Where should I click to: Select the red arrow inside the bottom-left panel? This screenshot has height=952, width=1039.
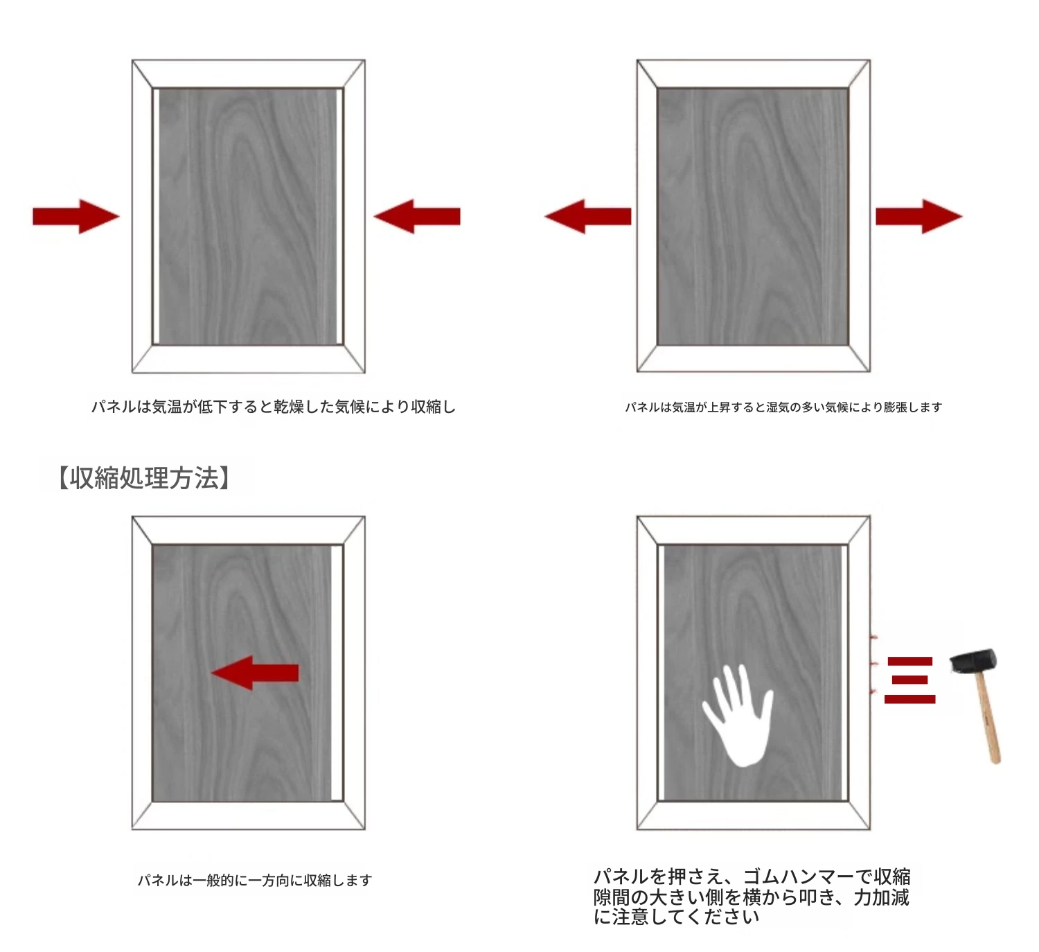pyautogui.click(x=255, y=673)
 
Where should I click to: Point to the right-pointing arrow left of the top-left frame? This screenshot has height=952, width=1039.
pyautogui.click(x=76, y=216)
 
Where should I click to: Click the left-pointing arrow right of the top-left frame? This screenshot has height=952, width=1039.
pyautogui.click(x=417, y=216)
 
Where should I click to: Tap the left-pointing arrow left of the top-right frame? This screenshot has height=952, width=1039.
pyautogui.click(x=588, y=216)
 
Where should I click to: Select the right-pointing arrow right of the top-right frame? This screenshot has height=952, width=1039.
pyautogui.click(x=919, y=216)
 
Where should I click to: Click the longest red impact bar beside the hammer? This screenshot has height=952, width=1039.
pyautogui.click(x=909, y=699)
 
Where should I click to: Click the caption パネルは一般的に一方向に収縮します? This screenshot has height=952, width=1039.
pyautogui.click(x=255, y=881)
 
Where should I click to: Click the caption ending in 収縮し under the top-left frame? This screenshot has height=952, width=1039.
pyautogui.click(x=274, y=407)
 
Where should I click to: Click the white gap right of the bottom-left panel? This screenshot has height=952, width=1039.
pyautogui.click(x=337, y=673)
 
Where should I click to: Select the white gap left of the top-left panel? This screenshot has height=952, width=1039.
pyautogui.click(x=156, y=216)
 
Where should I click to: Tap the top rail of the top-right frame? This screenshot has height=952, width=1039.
pyautogui.click(x=753, y=73)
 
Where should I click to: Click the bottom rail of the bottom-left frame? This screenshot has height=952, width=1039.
pyautogui.click(x=249, y=816)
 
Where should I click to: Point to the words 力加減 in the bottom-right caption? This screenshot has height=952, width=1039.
pyautogui.click(x=881, y=897)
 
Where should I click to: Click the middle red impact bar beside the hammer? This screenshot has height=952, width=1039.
pyautogui.click(x=910, y=680)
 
